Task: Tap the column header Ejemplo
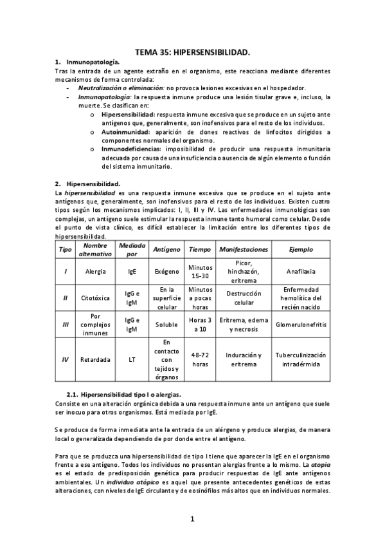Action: [x=301, y=249]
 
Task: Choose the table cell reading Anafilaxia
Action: [x=301, y=271]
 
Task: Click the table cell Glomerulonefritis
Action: [x=301, y=325]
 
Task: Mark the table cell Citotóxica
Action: [x=95, y=298]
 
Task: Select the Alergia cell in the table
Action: [x=95, y=271]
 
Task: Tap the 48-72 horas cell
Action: [x=201, y=360]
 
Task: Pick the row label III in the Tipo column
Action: [x=66, y=325]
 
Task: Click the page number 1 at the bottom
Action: [x=192, y=519]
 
